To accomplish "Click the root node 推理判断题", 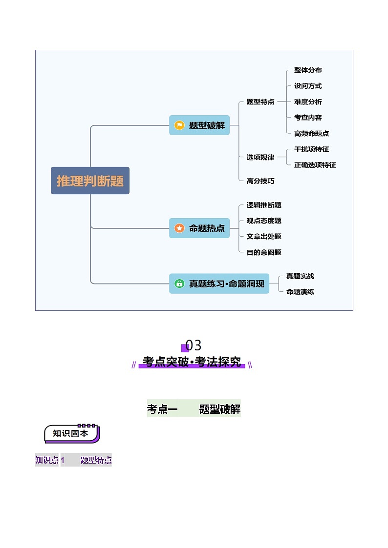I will click(x=90, y=181).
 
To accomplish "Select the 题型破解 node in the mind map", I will click(x=199, y=125).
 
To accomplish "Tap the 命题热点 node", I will click(x=199, y=228).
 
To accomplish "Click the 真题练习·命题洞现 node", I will click(x=219, y=284).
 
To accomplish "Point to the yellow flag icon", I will click(x=179, y=125).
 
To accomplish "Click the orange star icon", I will click(x=179, y=228).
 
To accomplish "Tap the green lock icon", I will click(x=179, y=284).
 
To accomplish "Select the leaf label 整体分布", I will click(x=308, y=70).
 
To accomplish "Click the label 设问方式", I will click(x=308, y=86).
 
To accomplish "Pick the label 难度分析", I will click(x=308, y=102).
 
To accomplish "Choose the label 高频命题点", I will click(x=311, y=133).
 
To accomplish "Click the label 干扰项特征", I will click(x=311, y=149).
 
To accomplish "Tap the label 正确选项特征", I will click(x=315, y=165).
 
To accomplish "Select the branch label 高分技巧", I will click(x=260, y=181).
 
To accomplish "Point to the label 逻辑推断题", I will click(x=264, y=205).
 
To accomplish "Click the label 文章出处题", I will click(x=264, y=236).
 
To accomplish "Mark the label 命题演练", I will click(x=300, y=292).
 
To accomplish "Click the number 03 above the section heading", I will click(x=194, y=345).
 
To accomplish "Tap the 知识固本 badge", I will click(x=71, y=433).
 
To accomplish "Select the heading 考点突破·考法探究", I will click(x=192, y=362).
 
